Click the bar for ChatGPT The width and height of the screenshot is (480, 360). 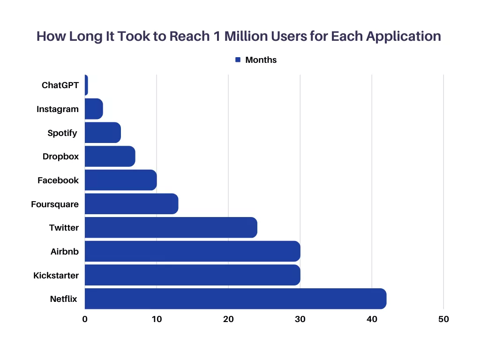[x=86, y=85]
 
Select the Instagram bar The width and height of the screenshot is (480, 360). [x=94, y=109]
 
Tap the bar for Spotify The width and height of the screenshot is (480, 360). [x=103, y=133]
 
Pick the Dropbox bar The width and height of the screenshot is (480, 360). [x=110, y=157]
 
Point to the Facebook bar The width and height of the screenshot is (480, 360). [x=120, y=180]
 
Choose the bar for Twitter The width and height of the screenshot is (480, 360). [x=171, y=227]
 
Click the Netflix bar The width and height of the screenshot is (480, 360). [x=235, y=299]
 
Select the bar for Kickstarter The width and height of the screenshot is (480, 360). [x=192, y=275]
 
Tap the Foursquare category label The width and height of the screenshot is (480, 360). [x=55, y=204]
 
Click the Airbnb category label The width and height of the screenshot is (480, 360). [x=65, y=252]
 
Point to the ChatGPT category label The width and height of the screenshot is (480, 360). [x=60, y=85]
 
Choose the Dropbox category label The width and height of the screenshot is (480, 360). [x=60, y=157]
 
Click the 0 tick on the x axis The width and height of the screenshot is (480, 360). [x=85, y=319]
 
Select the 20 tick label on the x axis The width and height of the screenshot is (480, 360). [x=228, y=319]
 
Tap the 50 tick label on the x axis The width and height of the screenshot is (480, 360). [x=443, y=319]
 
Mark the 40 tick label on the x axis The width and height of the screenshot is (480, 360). [x=372, y=319]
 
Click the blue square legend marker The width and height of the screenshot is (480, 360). [x=238, y=60]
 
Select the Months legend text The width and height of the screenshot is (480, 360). [x=261, y=60]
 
